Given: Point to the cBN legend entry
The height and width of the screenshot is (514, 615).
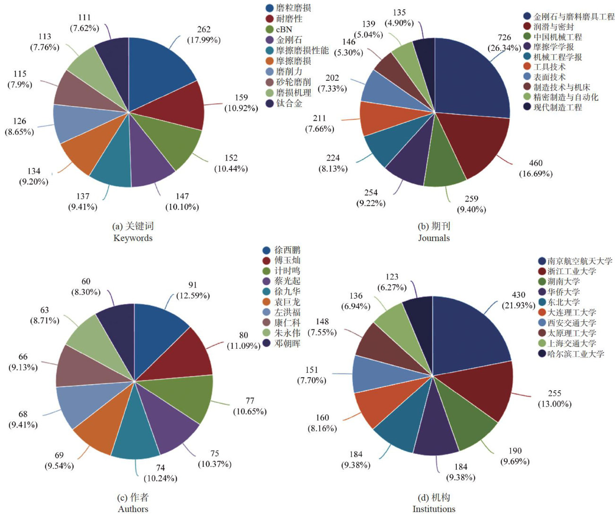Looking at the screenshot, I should coord(284,29).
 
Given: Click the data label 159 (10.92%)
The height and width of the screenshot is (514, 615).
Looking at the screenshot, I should coord(241,103).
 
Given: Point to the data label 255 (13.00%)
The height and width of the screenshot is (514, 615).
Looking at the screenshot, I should coord(554,399).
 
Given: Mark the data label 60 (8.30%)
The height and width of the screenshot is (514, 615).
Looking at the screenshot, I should coord(85,287).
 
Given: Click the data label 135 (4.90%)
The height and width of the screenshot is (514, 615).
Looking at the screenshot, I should coord(399,18).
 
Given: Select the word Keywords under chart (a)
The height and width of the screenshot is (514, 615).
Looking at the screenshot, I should coord(133,238).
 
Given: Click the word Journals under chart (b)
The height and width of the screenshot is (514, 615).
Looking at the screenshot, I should coord(434,238).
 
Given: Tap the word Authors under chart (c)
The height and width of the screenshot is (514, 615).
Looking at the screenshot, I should coord(133,509).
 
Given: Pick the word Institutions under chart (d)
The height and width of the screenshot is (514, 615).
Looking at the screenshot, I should coord(434,509).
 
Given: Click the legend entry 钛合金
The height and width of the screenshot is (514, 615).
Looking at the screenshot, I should coord(289,103).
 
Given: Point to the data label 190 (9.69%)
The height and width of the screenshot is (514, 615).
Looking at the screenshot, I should coord(515,456).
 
